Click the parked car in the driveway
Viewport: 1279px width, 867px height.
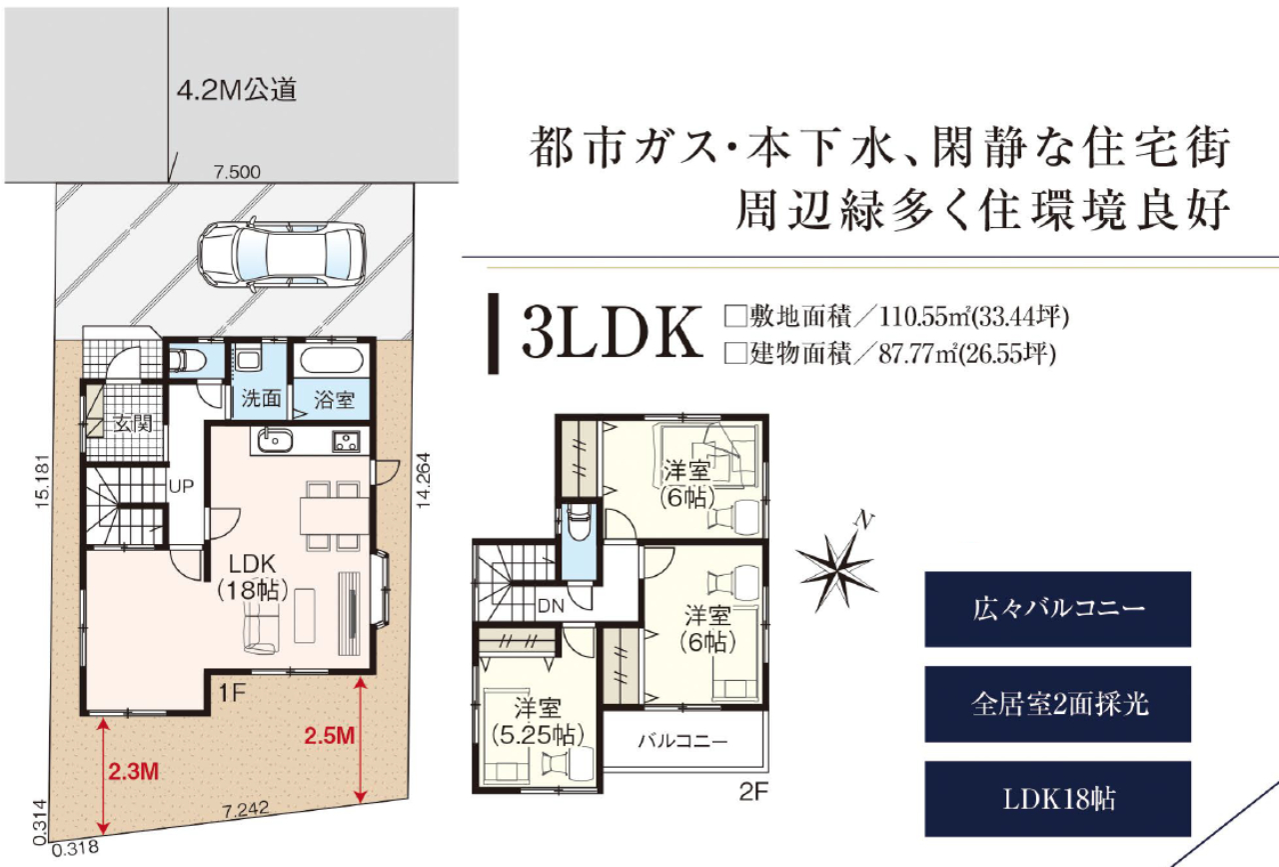[283, 254]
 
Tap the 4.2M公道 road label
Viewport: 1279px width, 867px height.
[237, 91]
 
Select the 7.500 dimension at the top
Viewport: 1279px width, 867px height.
[237, 172]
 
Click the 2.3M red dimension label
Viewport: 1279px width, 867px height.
[132, 772]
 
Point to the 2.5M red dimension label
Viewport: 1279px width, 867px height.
[329, 737]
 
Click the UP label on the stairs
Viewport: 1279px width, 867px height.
[181, 487]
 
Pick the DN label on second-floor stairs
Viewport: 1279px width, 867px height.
[550, 605]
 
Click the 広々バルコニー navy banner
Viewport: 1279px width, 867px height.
[1057, 608]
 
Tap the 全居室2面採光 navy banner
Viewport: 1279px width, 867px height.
[1057, 703]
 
